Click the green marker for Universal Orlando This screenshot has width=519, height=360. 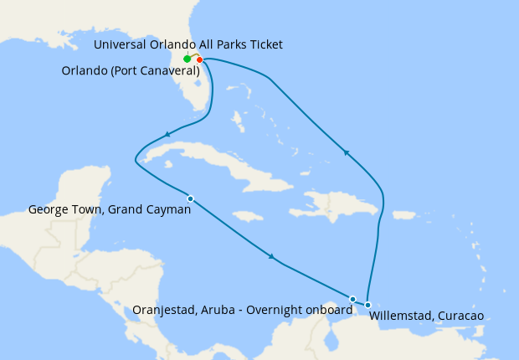(187, 59)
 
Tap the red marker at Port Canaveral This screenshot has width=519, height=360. (199, 59)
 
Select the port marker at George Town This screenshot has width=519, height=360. (191, 198)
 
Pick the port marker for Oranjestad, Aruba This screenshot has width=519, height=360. (352, 299)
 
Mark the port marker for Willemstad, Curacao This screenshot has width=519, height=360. (367, 305)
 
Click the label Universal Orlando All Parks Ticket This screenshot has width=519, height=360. (188, 44)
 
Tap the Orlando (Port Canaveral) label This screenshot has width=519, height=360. (131, 71)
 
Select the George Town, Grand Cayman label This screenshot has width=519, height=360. (110, 210)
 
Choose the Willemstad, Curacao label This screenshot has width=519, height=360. (426, 316)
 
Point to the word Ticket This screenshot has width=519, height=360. (265, 44)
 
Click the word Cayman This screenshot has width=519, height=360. (169, 210)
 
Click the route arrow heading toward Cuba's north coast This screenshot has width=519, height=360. (168, 134)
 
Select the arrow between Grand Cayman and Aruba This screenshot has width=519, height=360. (271, 255)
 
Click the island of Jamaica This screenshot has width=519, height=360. (244, 216)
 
